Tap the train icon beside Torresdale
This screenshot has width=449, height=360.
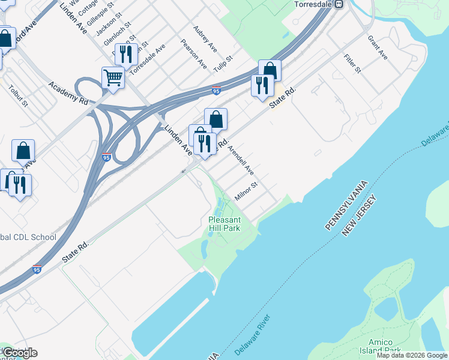coord(339,4)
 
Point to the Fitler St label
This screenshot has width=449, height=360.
coord(352,64)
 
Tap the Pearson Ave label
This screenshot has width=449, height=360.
coord(194,54)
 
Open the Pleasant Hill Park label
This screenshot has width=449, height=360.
coord(224,224)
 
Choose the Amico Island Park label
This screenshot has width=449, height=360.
coord(384,346)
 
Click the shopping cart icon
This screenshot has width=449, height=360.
coord(112,77)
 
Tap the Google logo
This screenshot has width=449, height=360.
coord(20,353)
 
